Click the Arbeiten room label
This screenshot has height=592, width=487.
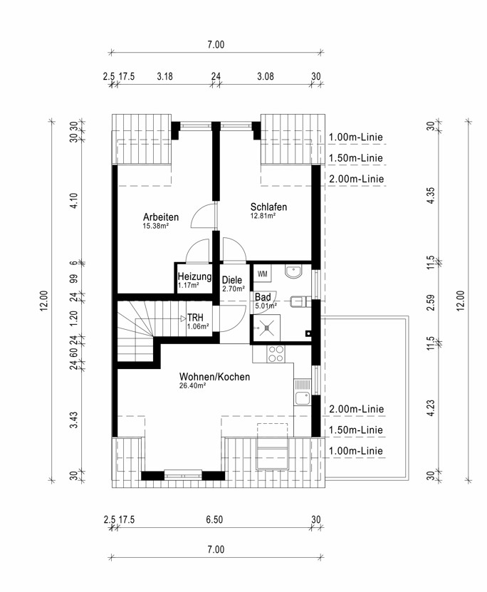pos(161,217)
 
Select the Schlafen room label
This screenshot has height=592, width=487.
pos(268,207)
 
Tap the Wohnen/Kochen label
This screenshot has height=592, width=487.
pos(214,377)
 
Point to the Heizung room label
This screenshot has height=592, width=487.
pos(194,276)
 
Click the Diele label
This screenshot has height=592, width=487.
pos(232,280)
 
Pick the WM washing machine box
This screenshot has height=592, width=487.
pos(263,274)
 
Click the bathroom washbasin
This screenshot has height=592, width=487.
pos(293,271)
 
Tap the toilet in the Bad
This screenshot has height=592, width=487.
pos(300,301)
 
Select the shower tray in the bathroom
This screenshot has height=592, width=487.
pos(267,328)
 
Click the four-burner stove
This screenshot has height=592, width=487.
pos(276,354)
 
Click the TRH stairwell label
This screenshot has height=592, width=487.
pos(195,318)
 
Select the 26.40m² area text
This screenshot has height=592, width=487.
pos(192,386)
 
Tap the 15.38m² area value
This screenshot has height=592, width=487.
pos(155,226)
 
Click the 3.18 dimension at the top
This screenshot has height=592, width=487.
pos(165,76)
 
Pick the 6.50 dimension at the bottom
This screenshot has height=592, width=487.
pos(214,519)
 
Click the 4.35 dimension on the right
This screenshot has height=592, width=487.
pos(431,196)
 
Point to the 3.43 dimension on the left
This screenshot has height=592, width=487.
pos(74,420)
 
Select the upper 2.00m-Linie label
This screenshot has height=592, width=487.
pos(357,179)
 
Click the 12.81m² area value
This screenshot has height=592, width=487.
pos(263,216)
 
